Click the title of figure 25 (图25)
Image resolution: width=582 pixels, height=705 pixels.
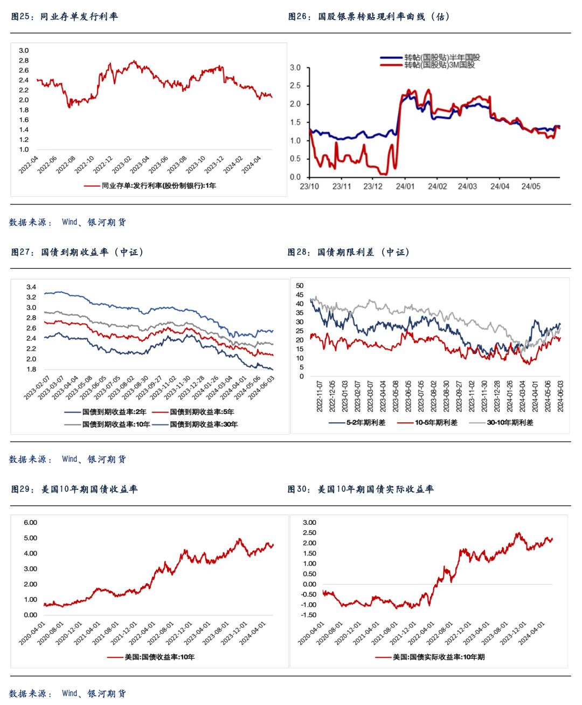point(64,17)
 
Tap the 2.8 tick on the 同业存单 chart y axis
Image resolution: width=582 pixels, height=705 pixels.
point(24,60)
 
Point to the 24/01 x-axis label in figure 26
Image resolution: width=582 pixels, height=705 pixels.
point(405,187)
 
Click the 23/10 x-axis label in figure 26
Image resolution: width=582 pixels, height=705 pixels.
point(309,187)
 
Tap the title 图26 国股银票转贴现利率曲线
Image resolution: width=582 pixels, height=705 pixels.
point(369,17)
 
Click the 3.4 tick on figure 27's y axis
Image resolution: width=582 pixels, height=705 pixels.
point(31,287)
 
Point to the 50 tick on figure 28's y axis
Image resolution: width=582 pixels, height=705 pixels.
point(300,286)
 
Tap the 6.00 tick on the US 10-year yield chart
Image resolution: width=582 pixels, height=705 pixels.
point(30,523)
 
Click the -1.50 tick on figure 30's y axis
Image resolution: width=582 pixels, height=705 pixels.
point(309,615)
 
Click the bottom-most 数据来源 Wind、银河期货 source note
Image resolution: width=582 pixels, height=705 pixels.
point(67,693)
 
